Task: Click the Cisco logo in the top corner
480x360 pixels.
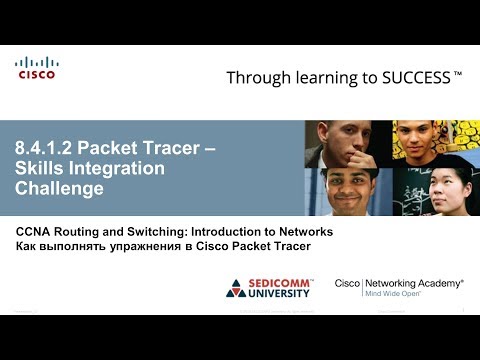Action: (36, 68)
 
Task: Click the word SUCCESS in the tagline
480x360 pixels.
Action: (410, 77)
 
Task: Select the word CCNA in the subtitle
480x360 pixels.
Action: (35, 231)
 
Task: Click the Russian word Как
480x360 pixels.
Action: (27, 246)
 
